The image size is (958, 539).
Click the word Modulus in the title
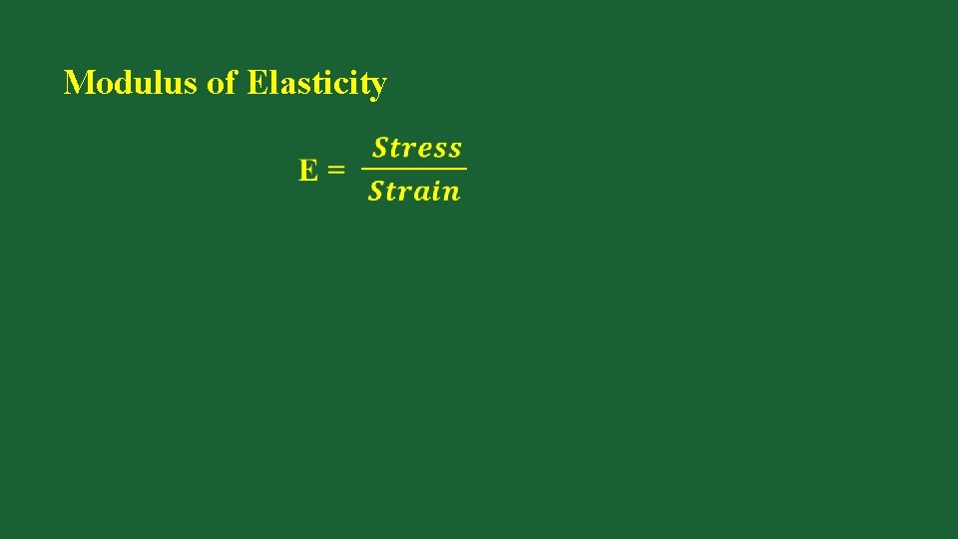pos(131,83)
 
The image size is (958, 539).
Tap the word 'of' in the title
pos(222,83)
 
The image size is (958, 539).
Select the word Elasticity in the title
pos(315,83)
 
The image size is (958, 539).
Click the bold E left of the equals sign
pos(309,170)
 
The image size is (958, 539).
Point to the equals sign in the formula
pos(336,170)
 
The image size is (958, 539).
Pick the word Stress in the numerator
pos(417,149)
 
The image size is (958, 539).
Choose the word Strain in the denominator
pos(414,191)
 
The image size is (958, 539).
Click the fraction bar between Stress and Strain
pos(414,169)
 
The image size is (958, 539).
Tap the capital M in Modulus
pos(77,83)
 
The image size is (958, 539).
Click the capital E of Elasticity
pos(255,83)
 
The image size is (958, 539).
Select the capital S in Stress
pos(380,149)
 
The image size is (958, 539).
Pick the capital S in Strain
pos(376,191)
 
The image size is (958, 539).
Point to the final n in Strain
pos(452,192)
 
